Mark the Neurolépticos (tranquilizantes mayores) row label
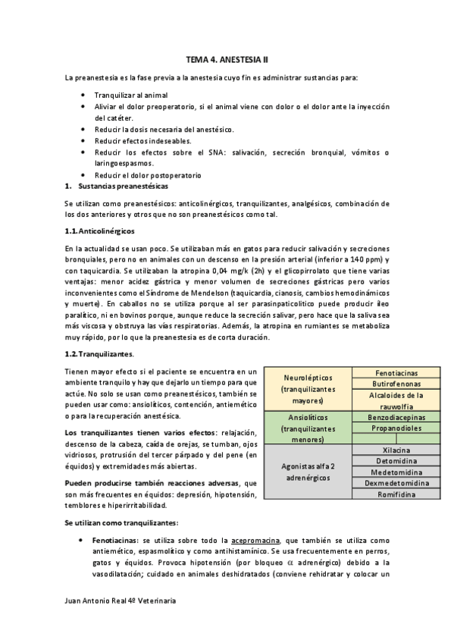coord(308,389)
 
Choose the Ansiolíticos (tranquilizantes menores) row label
coord(308,428)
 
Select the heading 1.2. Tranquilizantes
coord(100,353)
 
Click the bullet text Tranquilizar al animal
coord(131,96)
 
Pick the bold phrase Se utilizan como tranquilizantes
coord(121,523)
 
